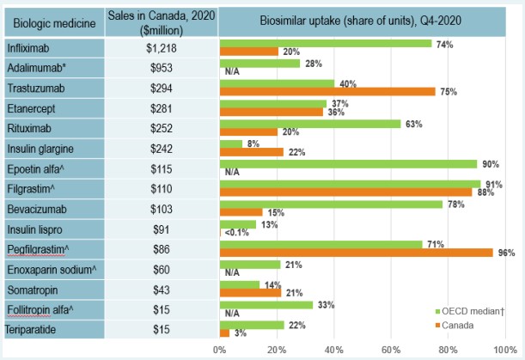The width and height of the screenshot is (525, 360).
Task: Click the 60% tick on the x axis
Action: coord(391,350)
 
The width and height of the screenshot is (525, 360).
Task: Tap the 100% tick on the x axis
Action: coord(504,350)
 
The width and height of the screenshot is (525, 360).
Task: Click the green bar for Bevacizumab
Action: coord(332,204)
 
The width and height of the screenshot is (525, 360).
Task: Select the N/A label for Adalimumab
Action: coord(231,72)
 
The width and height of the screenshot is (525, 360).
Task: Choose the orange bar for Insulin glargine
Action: coord(251,152)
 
